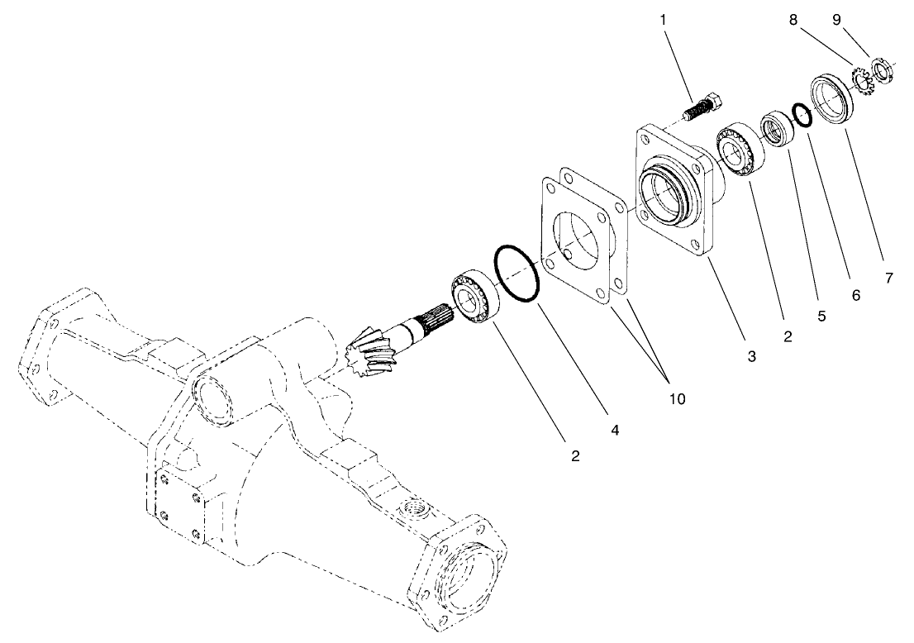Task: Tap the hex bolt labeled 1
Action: pos(705,108)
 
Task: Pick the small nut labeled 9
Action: pos(882,70)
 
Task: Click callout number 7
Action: pos(888,279)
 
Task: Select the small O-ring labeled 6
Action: pos(802,114)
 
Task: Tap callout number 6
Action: pos(855,295)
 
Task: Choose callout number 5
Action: pos(821,315)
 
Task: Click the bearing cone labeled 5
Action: pos(776,129)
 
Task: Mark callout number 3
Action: pos(751,356)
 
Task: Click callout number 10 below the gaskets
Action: pos(677,398)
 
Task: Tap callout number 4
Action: pos(614,430)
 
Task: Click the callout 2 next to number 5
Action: pos(787,336)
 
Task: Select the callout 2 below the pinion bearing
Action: pos(574,455)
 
